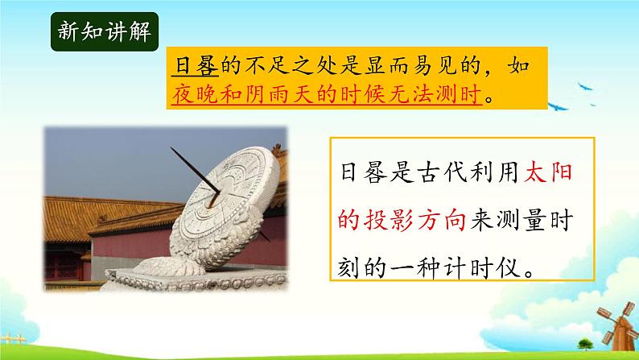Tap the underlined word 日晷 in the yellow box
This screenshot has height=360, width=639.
[x=192, y=67]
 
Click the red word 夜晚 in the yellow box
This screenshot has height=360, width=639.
[x=192, y=96]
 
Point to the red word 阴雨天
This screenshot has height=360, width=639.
[x=277, y=96]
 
